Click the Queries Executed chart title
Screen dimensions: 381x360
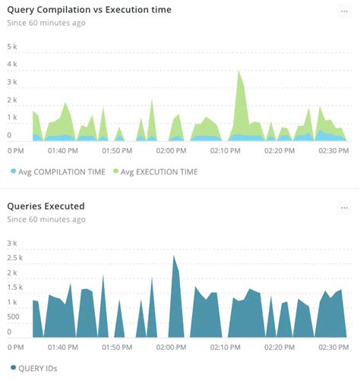pyautogui.click(x=46, y=206)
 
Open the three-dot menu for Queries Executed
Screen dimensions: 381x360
pyautogui.click(x=344, y=206)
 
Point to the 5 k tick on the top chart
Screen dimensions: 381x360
pyautogui.click(x=11, y=47)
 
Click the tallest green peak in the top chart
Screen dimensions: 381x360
pyautogui.click(x=239, y=72)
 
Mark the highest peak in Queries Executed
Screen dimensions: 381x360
pyautogui.click(x=174, y=257)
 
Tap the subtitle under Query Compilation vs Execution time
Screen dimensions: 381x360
pyautogui.click(x=46, y=23)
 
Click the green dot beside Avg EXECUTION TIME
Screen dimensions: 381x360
pyautogui.click(x=115, y=172)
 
